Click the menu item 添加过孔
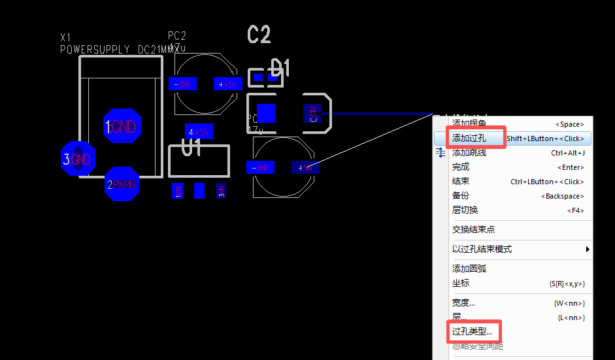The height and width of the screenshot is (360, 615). tap(469, 138)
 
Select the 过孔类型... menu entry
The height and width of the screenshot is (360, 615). tap(472, 331)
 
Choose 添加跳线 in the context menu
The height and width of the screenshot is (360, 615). tap(469, 152)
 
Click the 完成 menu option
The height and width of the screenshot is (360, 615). tap(461, 167)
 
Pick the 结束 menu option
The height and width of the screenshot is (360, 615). tap(461, 181)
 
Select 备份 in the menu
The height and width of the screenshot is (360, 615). tap(461, 195)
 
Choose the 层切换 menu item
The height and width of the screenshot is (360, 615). tap(465, 210)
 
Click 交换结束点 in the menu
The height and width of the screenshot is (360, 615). tap(473, 229)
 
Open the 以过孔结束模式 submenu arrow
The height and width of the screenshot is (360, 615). tap(587, 249)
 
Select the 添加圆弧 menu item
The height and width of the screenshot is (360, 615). tap(469, 269)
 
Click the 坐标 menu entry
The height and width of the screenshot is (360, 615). tap(461, 283)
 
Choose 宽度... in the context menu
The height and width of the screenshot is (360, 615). tap(463, 303)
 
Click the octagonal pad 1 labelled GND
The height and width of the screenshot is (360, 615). tap(122, 127)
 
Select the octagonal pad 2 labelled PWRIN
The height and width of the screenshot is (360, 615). tap(122, 184)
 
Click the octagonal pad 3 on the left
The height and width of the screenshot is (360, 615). tap(78, 159)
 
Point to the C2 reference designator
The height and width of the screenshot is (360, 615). tap(259, 35)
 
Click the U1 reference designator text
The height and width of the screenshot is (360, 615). tap(191, 148)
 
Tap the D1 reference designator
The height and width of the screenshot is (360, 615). tap(280, 67)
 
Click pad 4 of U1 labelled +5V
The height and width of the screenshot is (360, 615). tap(199, 132)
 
